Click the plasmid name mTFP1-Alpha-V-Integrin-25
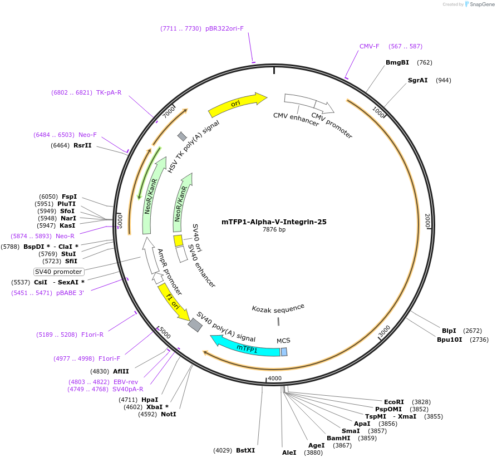point(278,222)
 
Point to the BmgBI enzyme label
point(397,62)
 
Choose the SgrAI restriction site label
point(417,80)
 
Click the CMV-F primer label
point(369,47)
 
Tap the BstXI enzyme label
point(245,450)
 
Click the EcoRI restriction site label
point(394,402)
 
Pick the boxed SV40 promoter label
point(58,272)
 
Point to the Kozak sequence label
point(278,307)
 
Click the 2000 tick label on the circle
point(427,221)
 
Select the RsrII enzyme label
point(82,145)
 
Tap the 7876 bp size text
point(274,230)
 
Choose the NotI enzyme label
point(168,414)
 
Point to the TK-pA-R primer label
point(109,92)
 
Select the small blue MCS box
point(284,352)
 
